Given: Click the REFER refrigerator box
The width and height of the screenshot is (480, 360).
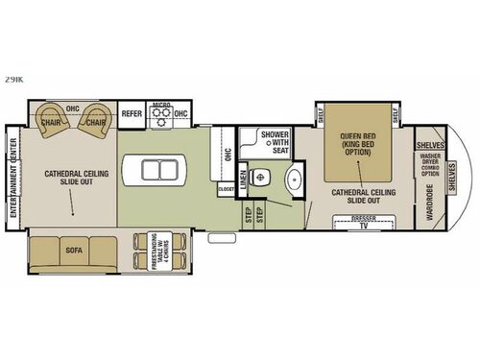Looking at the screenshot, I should (132, 113).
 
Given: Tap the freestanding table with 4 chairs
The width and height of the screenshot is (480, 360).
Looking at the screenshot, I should (149, 252).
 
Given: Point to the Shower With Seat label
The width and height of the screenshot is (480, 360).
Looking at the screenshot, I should (274, 143).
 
